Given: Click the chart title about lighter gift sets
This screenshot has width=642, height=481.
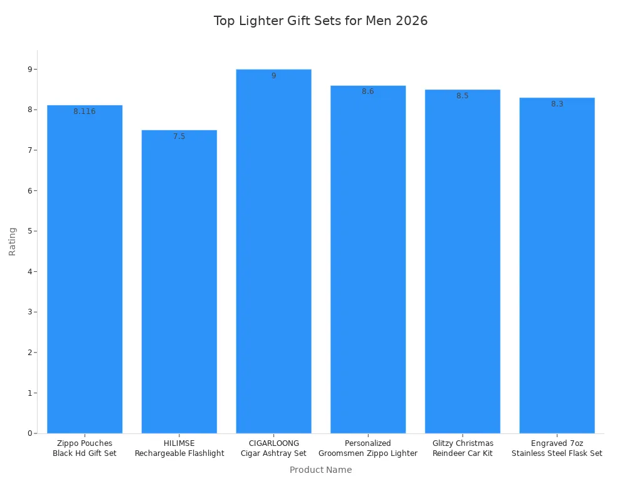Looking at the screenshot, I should click(320, 21).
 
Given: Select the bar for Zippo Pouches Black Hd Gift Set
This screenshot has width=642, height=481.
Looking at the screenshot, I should click(85, 269).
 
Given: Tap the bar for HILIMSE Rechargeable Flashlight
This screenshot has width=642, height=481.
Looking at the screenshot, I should click(179, 282).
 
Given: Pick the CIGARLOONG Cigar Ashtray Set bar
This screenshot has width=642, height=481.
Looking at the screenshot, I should click(273, 251).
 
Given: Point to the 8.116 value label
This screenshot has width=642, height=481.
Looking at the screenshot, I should click(85, 111).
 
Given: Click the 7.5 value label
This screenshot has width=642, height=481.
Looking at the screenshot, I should click(179, 137).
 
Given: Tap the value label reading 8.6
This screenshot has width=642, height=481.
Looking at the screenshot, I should click(368, 91).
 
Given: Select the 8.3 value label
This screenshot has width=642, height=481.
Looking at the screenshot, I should click(557, 104).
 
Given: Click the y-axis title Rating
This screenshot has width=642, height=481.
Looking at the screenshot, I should click(13, 241).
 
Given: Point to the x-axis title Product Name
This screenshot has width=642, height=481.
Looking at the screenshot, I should click(320, 470).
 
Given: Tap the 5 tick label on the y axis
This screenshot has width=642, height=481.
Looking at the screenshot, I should click(29, 231).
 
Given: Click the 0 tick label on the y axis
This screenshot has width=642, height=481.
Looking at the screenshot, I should click(29, 433).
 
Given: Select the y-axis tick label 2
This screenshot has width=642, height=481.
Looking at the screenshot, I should click(29, 353).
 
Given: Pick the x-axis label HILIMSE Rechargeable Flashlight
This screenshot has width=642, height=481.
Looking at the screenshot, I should click(179, 448).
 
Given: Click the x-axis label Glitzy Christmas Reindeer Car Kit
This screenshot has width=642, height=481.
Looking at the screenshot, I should click(463, 448).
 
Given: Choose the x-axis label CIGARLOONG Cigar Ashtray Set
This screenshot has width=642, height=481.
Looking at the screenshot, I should click(273, 448).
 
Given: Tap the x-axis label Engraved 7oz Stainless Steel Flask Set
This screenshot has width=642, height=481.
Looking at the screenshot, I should click(557, 448).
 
